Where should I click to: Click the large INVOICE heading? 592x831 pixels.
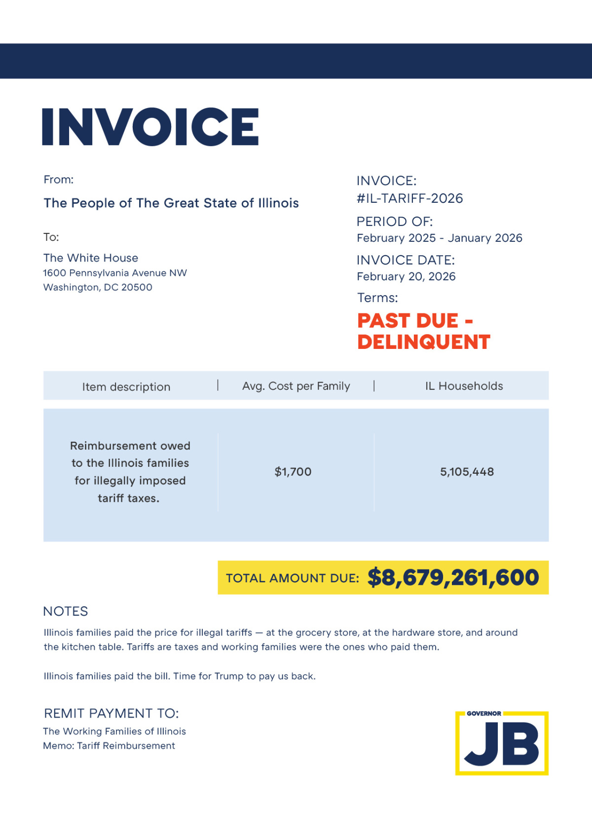(150, 127)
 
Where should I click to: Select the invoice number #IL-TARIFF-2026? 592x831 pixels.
(409, 198)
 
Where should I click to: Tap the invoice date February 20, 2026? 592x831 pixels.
(406, 276)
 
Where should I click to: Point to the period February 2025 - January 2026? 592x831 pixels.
(439, 238)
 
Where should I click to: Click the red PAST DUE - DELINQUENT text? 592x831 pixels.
(423, 331)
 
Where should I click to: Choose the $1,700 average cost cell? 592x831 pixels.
(293, 472)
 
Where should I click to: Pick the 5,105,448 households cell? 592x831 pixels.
(467, 472)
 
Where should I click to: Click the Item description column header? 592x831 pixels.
(126, 387)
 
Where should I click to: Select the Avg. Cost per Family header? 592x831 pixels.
(296, 386)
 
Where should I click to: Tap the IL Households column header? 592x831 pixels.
(464, 386)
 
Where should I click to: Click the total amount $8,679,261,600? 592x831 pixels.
(453, 577)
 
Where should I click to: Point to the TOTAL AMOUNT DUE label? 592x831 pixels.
(293, 578)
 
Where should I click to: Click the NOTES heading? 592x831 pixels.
(66, 611)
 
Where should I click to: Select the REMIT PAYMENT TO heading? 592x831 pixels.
(111, 714)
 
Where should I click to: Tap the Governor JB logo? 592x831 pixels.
(502, 743)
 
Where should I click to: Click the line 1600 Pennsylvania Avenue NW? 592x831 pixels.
(115, 273)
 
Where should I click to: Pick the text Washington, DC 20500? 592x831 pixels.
(98, 287)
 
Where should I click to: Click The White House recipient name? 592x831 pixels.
(91, 258)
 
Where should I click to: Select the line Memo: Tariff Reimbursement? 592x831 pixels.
(109, 746)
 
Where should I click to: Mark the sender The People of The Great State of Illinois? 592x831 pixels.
(171, 203)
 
